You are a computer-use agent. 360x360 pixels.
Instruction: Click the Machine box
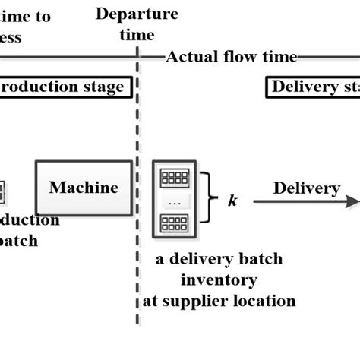point(84,188)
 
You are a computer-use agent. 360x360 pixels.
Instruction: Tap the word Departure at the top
point(137,14)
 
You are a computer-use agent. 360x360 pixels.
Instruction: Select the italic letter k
point(232,201)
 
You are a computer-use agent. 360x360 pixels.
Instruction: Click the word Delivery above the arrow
point(306,188)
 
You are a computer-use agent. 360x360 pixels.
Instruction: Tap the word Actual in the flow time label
point(189,57)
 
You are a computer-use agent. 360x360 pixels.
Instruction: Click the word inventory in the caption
point(219,279)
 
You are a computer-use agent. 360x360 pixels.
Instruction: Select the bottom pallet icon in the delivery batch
point(175,225)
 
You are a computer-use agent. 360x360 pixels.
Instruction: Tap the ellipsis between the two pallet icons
point(175,202)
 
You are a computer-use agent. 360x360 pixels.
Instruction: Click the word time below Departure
point(137,35)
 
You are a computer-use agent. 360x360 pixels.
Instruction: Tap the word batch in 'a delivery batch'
point(261,259)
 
